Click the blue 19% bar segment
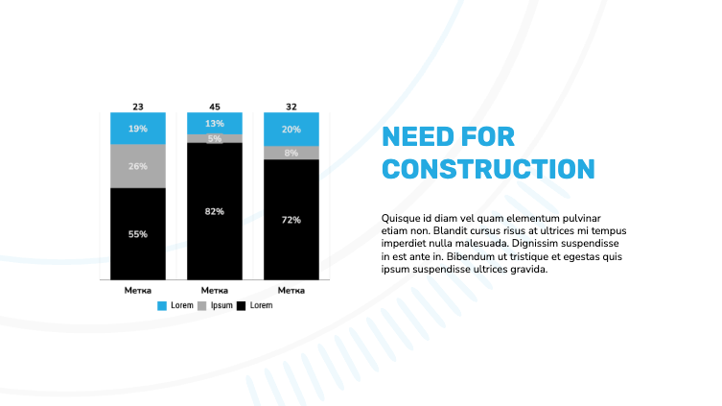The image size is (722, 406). click(138, 129)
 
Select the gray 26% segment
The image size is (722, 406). click(138, 166)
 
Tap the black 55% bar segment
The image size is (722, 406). click(138, 233)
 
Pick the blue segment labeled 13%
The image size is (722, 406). click(215, 123)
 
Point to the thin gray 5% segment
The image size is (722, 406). click(215, 138)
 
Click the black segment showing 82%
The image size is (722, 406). click(215, 211)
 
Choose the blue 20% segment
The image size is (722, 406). click(291, 129)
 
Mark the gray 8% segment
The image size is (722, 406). click(291, 153)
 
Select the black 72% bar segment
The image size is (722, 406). click(291, 220)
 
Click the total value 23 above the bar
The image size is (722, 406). click(138, 107)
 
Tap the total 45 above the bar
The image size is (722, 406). click(215, 107)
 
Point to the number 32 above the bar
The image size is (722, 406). click(291, 107)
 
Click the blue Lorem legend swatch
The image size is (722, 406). click(162, 305)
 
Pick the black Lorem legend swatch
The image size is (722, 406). click(242, 305)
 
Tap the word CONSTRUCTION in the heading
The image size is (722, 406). click(488, 169)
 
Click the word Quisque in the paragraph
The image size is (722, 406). click(402, 219)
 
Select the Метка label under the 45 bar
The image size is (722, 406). click(215, 290)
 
